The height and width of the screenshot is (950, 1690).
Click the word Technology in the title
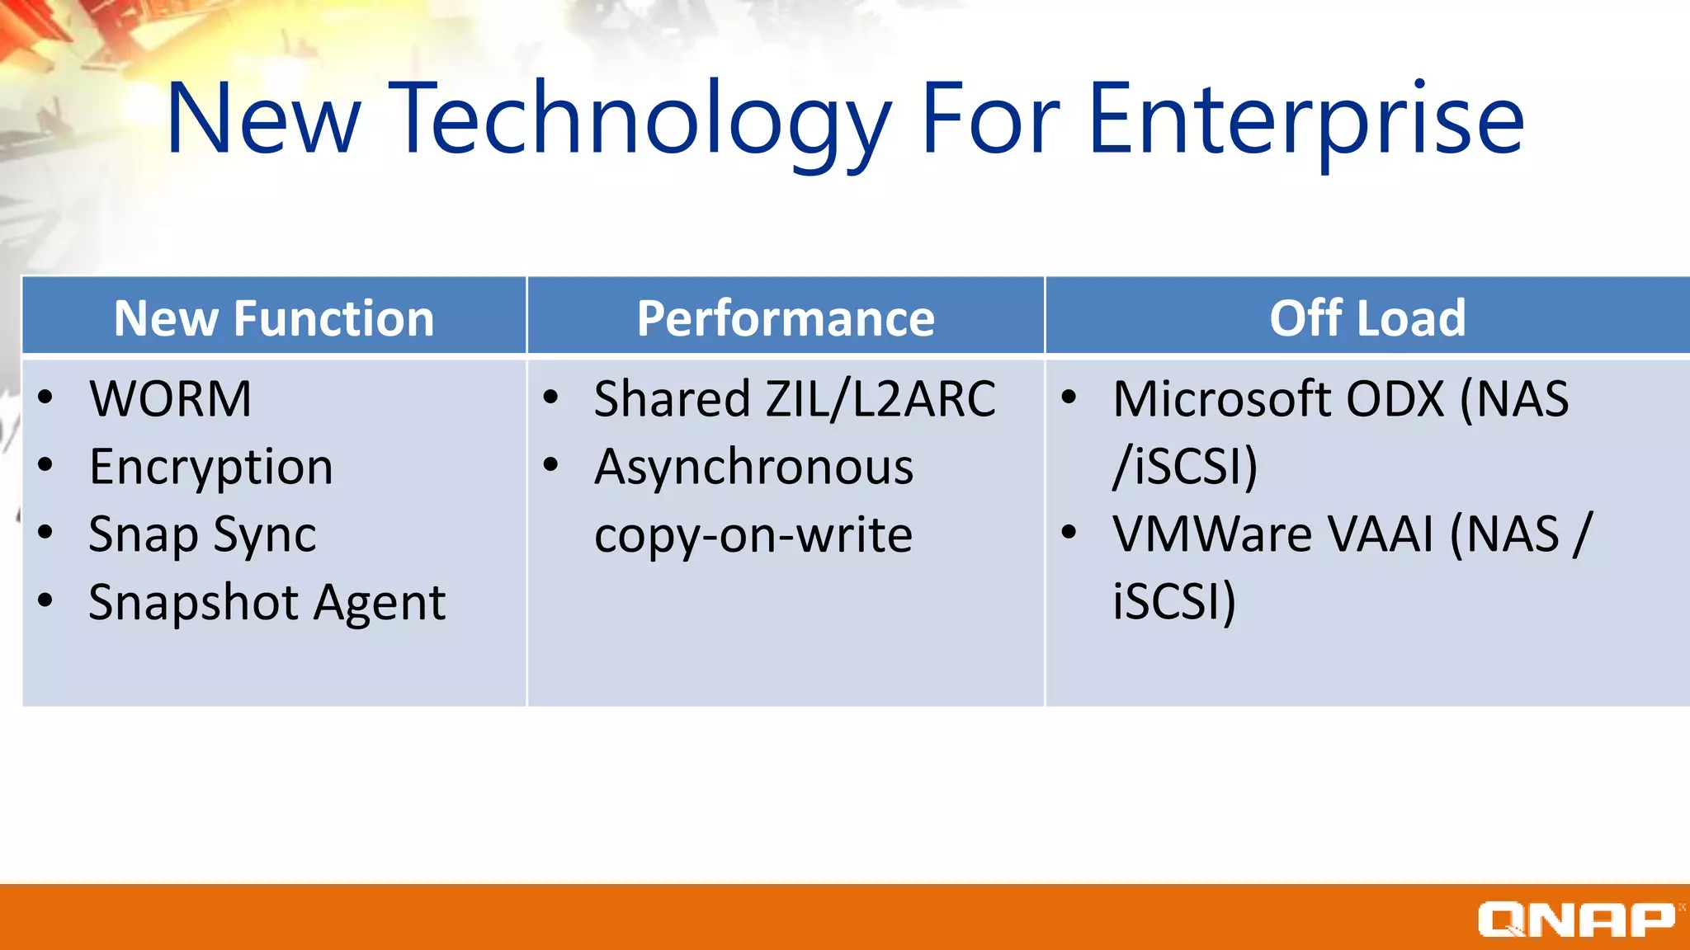coord(640,120)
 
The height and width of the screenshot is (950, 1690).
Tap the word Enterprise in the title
coord(1305,120)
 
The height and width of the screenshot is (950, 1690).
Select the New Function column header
coord(274,318)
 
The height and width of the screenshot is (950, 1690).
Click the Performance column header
coord(786,318)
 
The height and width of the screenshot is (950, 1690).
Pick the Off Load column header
coord(1367,318)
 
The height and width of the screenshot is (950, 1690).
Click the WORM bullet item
coord(170,399)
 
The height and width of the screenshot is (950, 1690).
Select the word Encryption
coord(211,468)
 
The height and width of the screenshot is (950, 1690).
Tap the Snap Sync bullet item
coord(202,535)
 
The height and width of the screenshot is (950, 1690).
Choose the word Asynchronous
coord(753,468)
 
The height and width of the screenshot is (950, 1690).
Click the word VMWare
coord(1214,534)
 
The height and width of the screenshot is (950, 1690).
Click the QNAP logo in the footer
coord(1576,919)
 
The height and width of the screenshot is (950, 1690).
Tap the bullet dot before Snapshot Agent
coord(45,600)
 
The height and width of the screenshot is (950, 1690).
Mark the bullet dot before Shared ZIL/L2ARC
coord(550,397)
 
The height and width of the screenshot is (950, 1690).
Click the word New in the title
coord(263,120)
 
